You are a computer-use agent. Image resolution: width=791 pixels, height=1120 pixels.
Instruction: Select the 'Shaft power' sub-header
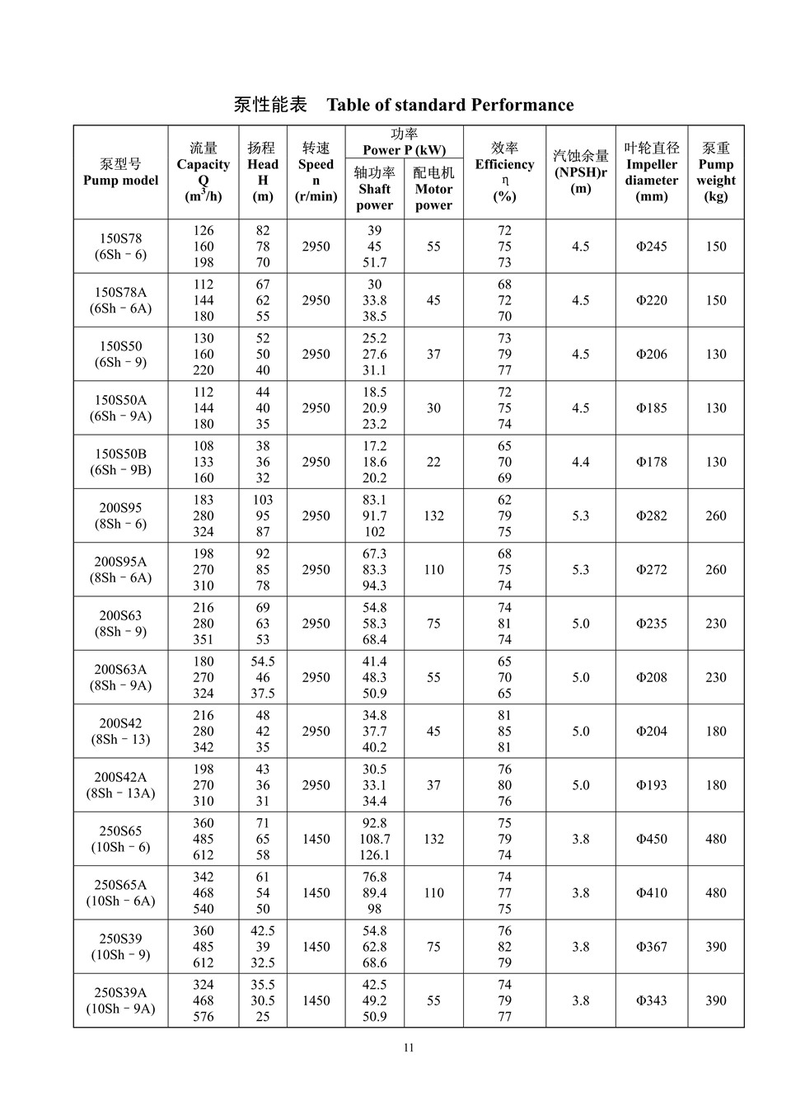click(375, 189)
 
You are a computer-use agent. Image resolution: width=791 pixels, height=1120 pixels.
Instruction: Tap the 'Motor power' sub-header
click(433, 189)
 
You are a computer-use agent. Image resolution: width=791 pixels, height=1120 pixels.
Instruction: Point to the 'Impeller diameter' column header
click(651, 172)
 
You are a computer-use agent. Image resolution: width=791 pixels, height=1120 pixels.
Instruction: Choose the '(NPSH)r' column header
click(580, 172)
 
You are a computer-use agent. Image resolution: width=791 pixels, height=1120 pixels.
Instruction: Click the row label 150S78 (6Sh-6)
click(120, 247)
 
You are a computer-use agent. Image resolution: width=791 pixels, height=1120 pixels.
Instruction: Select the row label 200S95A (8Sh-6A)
click(120, 570)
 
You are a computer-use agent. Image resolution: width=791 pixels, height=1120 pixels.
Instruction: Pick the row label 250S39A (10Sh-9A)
click(120, 1000)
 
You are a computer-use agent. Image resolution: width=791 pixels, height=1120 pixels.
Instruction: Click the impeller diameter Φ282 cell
click(651, 516)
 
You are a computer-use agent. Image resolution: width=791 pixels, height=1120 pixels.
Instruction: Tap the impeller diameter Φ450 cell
click(651, 839)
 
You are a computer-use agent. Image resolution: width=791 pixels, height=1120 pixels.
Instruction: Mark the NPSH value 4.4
click(580, 462)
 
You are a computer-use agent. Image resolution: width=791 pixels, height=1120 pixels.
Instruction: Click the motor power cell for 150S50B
click(433, 462)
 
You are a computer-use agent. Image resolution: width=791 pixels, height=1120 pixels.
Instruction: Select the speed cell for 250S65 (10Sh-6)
click(316, 839)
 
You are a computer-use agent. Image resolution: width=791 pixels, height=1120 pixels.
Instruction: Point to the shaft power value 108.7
click(375, 839)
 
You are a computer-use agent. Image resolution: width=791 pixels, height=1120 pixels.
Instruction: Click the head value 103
click(263, 500)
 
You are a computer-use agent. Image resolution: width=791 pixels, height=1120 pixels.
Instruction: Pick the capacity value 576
click(204, 1017)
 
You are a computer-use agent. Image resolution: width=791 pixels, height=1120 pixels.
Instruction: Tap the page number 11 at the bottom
click(409, 1048)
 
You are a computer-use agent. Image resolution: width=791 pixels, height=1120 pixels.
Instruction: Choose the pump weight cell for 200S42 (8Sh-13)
click(715, 732)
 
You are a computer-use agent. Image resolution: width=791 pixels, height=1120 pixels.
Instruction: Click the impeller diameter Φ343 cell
click(651, 1000)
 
